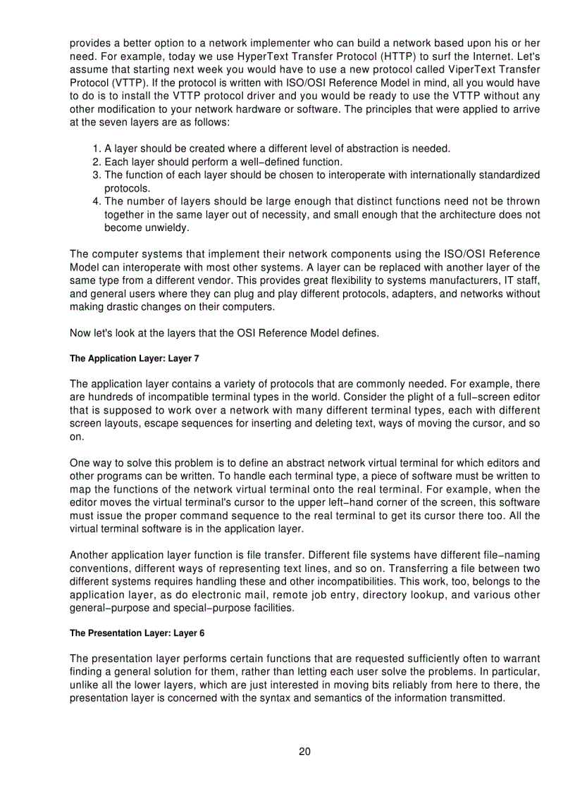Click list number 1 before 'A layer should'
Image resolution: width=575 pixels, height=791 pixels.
coord(97,149)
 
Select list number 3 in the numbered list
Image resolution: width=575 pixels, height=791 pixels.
coord(97,175)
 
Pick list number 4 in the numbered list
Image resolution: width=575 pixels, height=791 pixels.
coord(97,201)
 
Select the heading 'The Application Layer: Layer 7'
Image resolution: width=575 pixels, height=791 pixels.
coord(135,359)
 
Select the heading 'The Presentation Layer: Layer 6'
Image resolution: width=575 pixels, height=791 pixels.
coord(137,633)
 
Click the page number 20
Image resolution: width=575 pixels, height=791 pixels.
coord(304,752)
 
